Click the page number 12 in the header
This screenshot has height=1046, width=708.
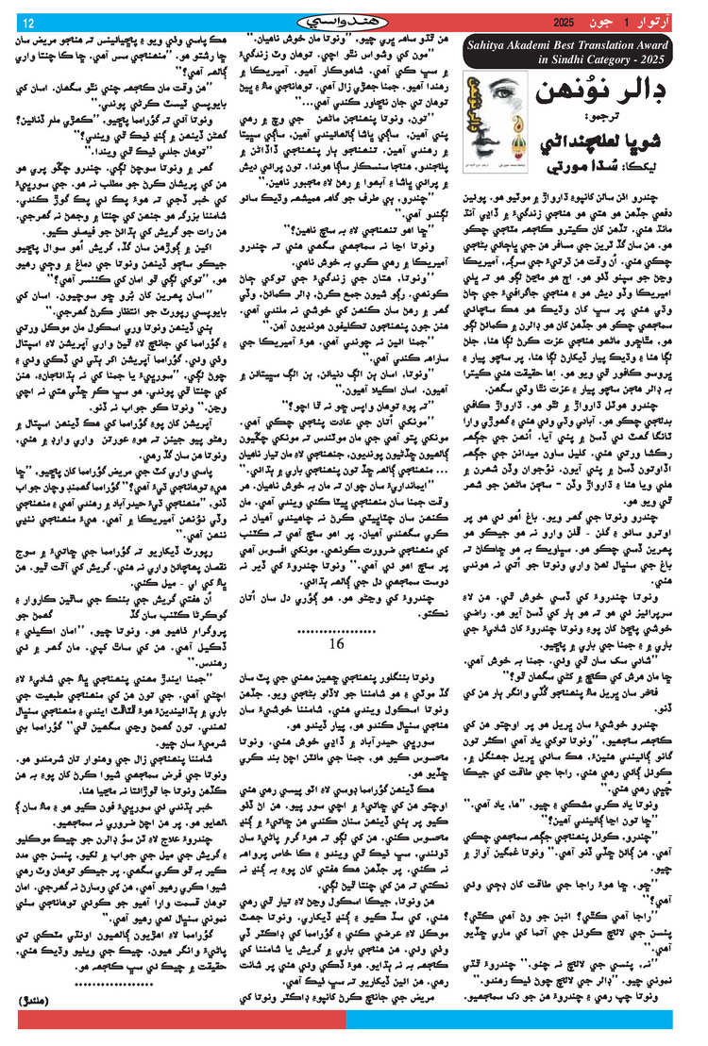(x=28, y=23)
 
